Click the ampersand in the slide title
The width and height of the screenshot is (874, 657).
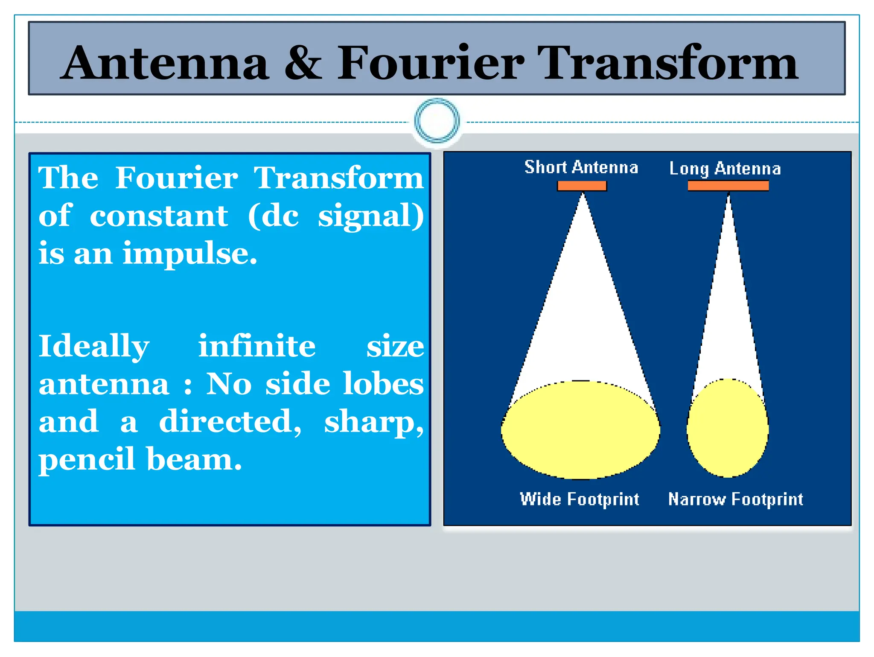pyautogui.click(x=303, y=63)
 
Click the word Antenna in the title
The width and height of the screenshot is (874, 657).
pyautogui.click(x=166, y=63)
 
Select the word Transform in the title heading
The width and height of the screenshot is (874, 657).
pyautogui.click(x=667, y=63)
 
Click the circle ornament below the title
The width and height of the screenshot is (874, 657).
pyautogui.click(x=437, y=120)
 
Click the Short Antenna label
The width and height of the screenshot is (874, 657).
pyautogui.click(x=581, y=167)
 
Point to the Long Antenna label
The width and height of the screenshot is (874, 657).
pyautogui.click(x=725, y=169)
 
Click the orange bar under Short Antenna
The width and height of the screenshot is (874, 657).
pyautogui.click(x=582, y=186)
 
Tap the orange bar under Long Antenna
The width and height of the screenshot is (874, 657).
pyautogui.click(x=728, y=186)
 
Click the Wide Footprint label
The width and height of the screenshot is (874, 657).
pyautogui.click(x=579, y=499)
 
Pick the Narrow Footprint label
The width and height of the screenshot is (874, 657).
pyautogui.click(x=735, y=499)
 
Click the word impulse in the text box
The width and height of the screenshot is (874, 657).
pyautogui.click(x=190, y=254)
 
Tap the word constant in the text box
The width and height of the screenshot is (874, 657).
pyautogui.click(x=159, y=216)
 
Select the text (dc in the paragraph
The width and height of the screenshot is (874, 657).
pyautogui.click(x=273, y=216)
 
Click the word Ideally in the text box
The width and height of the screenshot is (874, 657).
pyautogui.click(x=94, y=347)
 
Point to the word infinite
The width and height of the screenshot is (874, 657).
pyautogui.click(x=257, y=346)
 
